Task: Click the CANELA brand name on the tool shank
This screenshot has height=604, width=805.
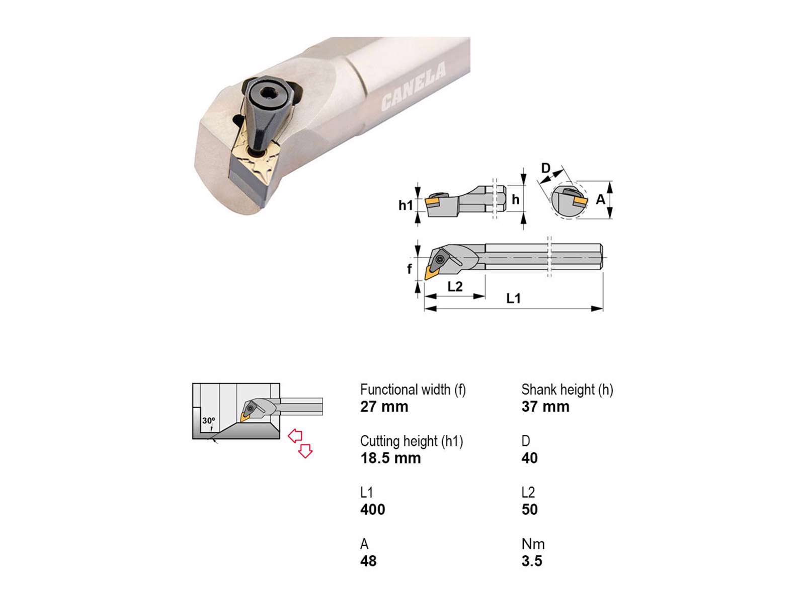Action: [x=414, y=87]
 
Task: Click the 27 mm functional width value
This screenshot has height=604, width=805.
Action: [x=384, y=407]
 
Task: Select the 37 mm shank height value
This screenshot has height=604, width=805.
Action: [x=545, y=407]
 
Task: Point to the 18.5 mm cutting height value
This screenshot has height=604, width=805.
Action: [x=390, y=458]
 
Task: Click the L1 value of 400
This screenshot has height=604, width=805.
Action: [x=373, y=509]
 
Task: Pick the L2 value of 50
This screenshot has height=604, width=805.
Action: [x=530, y=509]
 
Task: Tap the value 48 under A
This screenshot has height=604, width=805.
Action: [x=368, y=561]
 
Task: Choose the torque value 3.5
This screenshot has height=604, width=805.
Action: [x=532, y=561]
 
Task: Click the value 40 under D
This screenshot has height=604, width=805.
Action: [x=530, y=458]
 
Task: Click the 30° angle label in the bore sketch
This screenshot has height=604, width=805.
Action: [x=209, y=420]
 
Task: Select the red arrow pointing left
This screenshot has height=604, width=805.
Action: [x=295, y=436]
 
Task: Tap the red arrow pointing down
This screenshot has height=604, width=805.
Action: [x=305, y=451]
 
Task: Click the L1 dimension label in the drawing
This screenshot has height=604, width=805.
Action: [x=514, y=298]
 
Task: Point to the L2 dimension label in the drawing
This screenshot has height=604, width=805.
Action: [x=455, y=286]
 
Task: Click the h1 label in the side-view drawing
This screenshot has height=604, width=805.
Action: [x=406, y=205]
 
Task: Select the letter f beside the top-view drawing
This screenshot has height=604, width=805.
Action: [x=410, y=269]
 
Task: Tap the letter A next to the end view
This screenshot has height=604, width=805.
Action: [x=600, y=199]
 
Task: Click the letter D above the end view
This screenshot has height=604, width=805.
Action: [x=546, y=168]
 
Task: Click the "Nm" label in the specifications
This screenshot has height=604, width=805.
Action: [x=533, y=544]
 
